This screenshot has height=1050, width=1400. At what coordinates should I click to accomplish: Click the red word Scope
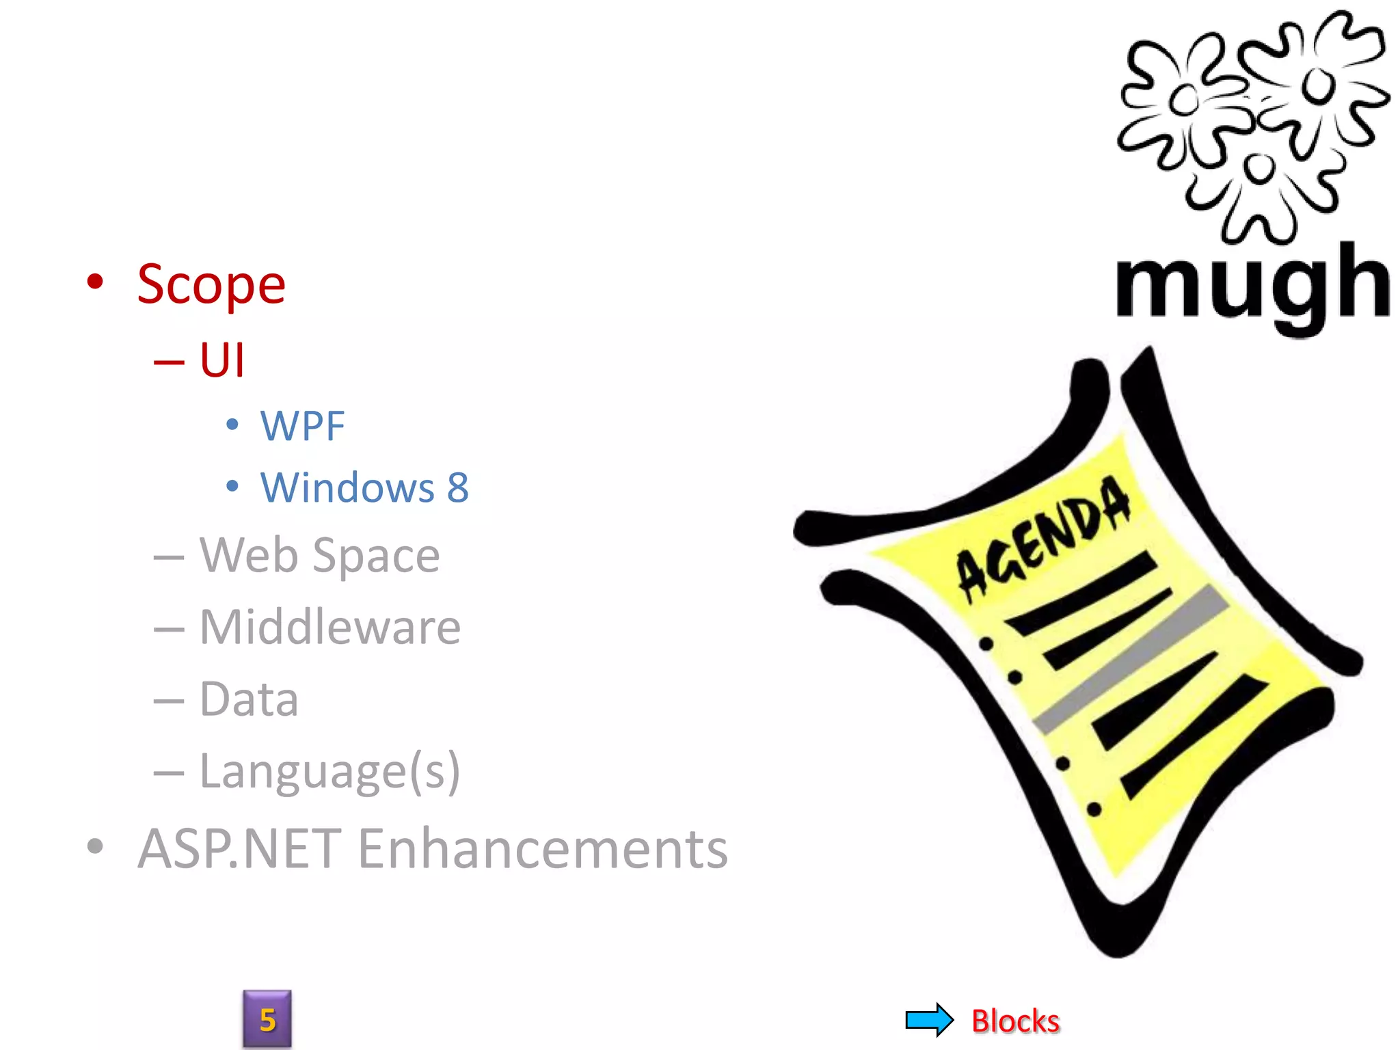(x=211, y=285)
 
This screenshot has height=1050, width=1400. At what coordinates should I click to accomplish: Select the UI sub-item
(x=221, y=360)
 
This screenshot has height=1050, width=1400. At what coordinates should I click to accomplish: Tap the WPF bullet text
(x=302, y=427)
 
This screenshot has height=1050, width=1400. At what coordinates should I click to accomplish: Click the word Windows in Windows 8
(x=347, y=488)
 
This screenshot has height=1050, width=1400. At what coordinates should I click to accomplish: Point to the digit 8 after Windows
(x=458, y=488)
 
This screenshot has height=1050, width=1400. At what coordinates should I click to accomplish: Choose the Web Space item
(x=319, y=555)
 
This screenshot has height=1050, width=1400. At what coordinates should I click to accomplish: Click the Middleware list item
(x=329, y=627)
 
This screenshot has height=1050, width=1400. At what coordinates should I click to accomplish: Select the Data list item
(x=249, y=699)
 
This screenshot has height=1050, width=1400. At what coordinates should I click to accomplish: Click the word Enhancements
(x=543, y=849)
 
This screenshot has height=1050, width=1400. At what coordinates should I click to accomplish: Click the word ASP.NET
(x=239, y=849)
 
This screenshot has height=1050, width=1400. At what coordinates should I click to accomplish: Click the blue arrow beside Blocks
(x=929, y=1020)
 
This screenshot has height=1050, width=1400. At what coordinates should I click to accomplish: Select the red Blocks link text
(x=1015, y=1021)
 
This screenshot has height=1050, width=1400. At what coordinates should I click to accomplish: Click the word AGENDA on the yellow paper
(x=1043, y=540)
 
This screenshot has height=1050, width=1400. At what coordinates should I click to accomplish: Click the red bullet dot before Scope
(x=96, y=281)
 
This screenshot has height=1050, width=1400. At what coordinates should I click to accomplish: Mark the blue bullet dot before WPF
(x=232, y=425)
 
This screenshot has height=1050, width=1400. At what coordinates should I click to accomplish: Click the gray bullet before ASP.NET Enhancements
(x=96, y=846)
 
